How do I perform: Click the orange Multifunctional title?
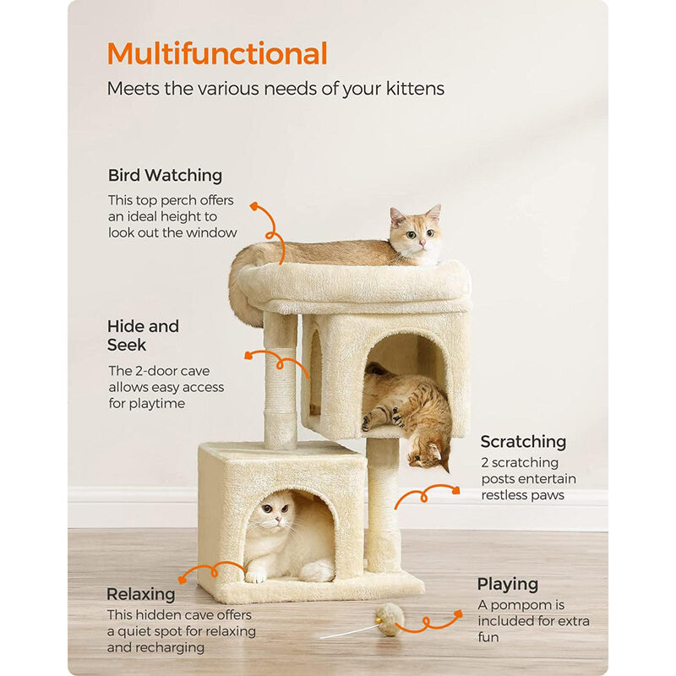217,53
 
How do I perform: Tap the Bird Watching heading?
165,176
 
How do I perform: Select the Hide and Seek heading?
143,335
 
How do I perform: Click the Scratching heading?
523,441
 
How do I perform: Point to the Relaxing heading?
141,594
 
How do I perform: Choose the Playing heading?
507,584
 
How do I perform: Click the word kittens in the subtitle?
412,88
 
